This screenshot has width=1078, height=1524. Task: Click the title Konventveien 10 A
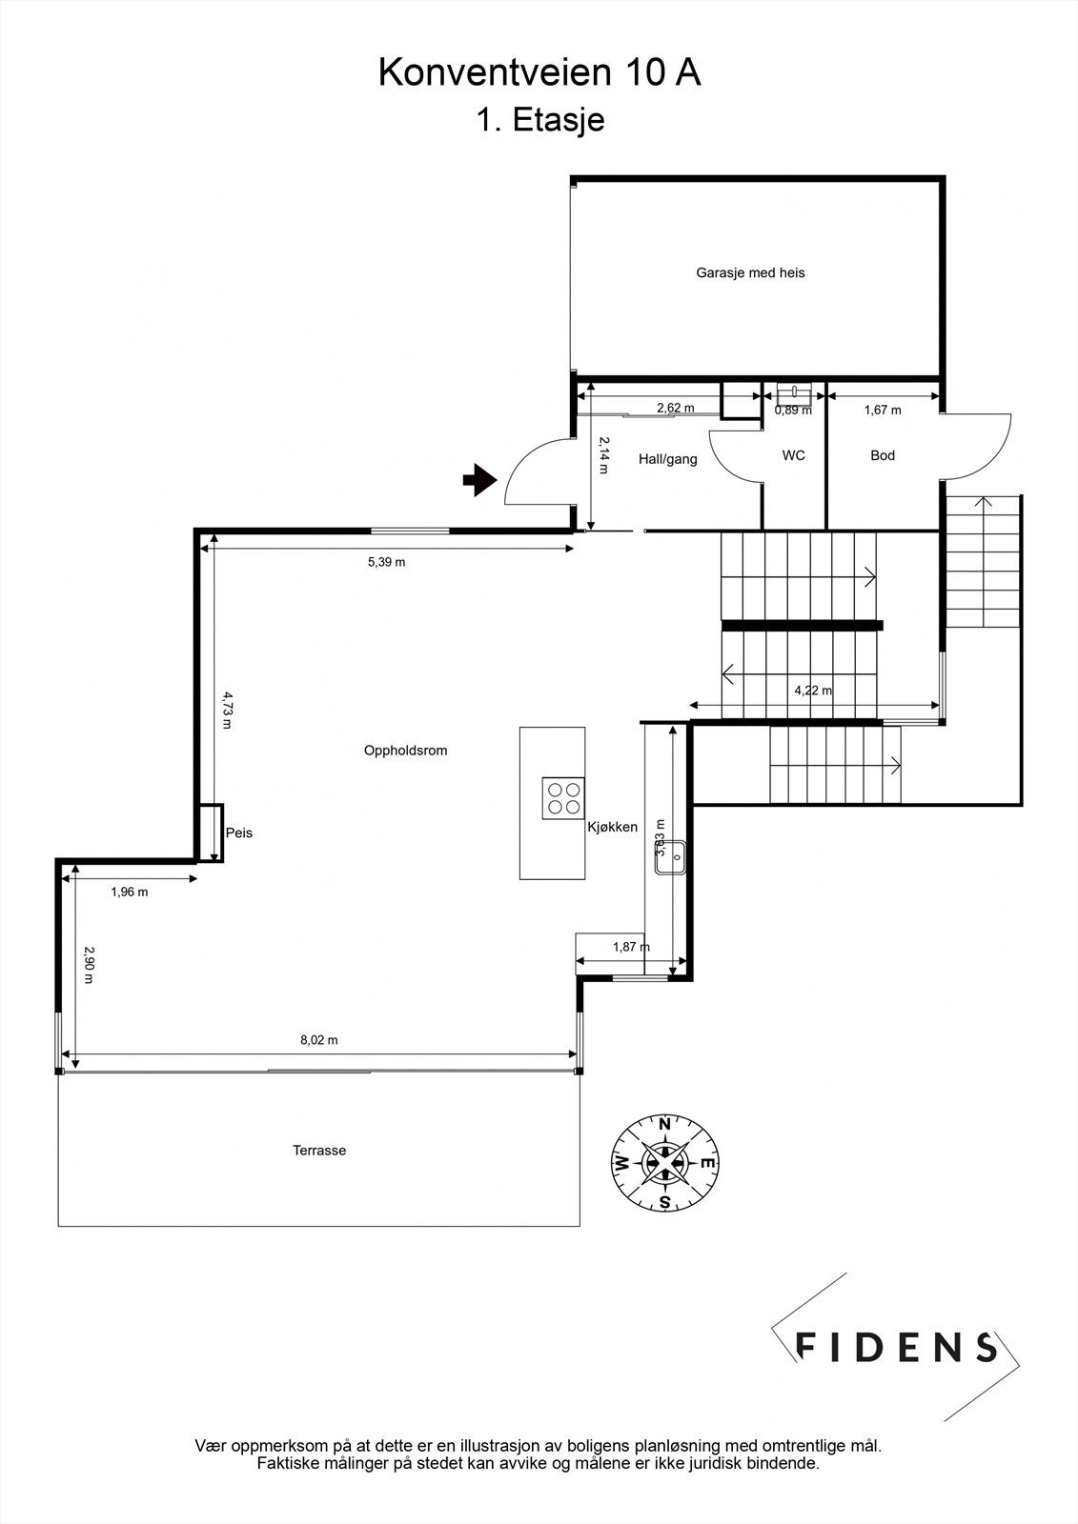click(539, 72)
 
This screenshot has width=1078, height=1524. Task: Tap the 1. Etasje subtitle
click(539, 120)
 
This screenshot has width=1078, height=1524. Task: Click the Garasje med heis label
click(750, 273)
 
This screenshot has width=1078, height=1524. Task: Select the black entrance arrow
click(480, 480)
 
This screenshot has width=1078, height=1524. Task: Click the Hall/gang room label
click(667, 459)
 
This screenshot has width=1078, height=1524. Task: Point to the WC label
click(793, 456)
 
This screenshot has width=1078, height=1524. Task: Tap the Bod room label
click(883, 456)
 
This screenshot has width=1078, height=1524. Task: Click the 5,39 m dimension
click(386, 562)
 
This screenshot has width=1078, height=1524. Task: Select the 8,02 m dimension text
click(319, 1040)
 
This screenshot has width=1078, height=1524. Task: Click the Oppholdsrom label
click(405, 751)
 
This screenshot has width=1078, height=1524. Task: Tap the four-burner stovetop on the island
click(563, 797)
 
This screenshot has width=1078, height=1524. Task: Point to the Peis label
click(239, 832)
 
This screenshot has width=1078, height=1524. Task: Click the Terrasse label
click(319, 1151)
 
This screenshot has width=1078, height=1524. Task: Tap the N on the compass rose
click(665, 1124)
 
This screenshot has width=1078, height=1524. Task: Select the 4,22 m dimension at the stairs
click(812, 691)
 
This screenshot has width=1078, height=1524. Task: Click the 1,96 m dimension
click(130, 892)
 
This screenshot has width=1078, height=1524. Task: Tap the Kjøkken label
click(612, 827)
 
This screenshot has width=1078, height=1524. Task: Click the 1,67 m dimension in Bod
click(883, 411)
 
